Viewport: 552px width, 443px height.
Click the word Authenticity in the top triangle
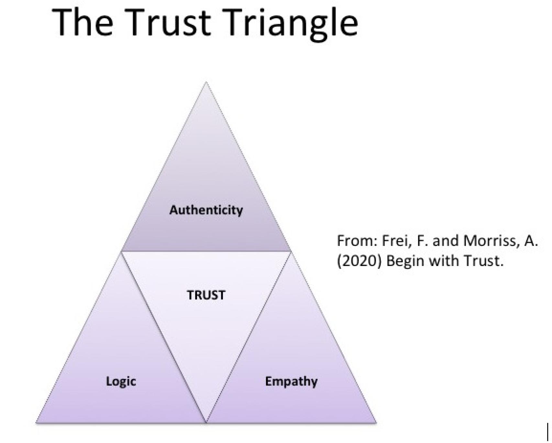[206, 210]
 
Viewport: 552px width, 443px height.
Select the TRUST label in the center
[206, 295]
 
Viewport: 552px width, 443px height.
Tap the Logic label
[121, 382]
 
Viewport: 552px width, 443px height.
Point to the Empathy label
[291, 382]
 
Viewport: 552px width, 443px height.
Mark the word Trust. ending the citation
[484, 261]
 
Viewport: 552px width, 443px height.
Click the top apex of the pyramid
[206, 83]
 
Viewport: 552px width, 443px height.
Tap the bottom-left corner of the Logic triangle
[37, 422]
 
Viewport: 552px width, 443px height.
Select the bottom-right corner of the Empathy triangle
[376, 422]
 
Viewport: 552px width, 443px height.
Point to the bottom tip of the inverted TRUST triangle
[206, 421]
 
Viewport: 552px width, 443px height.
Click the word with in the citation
[445, 261]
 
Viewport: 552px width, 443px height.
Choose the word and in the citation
[445, 241]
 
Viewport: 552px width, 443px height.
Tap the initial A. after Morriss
[531, 241]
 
